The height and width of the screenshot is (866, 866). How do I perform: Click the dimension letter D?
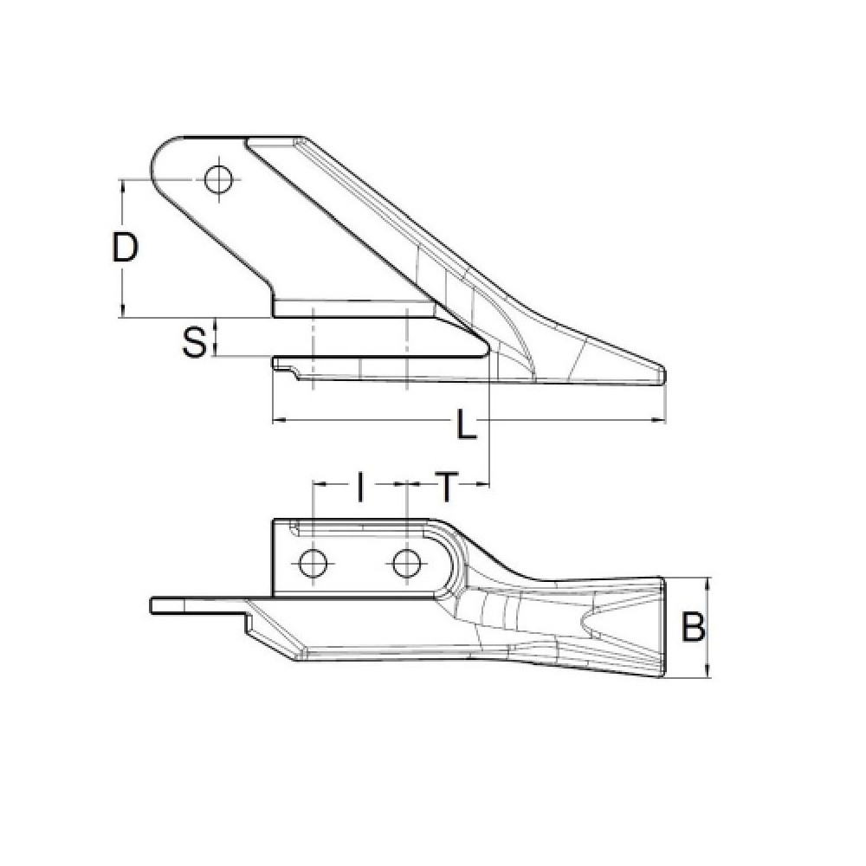[126, 248]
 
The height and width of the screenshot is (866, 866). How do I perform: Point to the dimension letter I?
[359, 487]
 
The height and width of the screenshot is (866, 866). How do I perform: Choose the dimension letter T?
[445, 487]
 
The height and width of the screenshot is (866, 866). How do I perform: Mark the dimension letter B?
[692, 627]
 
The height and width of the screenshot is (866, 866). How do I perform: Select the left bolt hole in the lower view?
[312, 564]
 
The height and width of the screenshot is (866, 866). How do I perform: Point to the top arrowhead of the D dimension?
[123, 184]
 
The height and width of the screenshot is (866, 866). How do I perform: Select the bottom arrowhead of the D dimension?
[123, 313]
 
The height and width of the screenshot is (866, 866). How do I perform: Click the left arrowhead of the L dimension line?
[278, 421]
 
